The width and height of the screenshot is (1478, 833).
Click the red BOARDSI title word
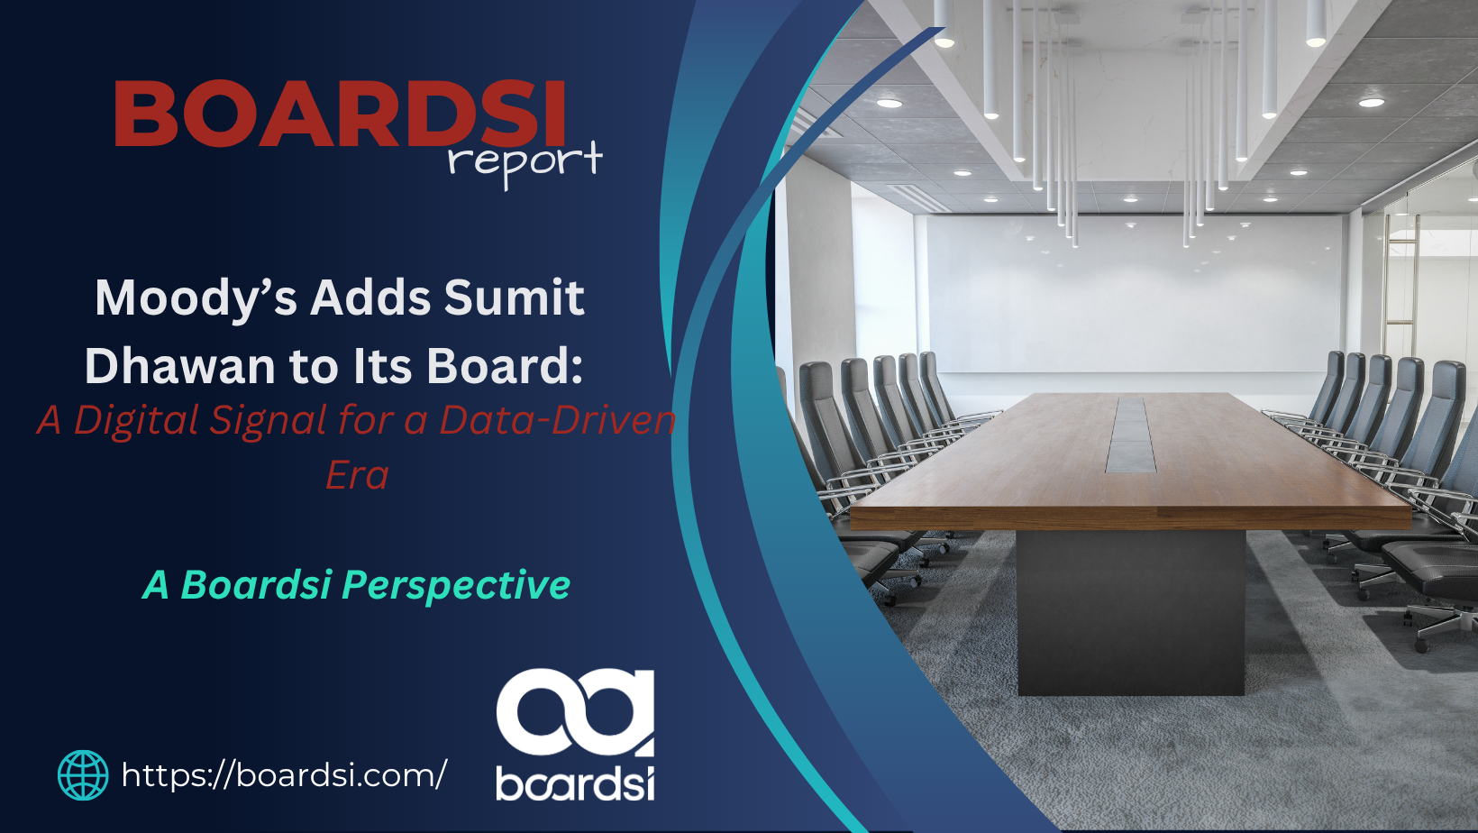(340, 113)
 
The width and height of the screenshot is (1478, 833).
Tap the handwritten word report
(525, 162)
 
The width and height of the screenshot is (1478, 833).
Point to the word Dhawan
(179, 366)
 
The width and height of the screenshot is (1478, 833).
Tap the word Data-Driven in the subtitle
(558, 420)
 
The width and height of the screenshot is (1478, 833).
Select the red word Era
(357, 475)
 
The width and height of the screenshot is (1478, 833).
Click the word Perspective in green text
(456, 586)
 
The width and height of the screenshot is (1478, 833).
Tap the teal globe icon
(83, 775)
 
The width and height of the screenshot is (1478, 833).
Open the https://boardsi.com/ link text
(285, 775)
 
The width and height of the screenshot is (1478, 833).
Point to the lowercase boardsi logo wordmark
(575, 783)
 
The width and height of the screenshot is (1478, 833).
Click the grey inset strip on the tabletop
(1131, 435)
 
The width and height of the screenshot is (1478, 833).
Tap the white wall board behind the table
(1133, 294)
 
